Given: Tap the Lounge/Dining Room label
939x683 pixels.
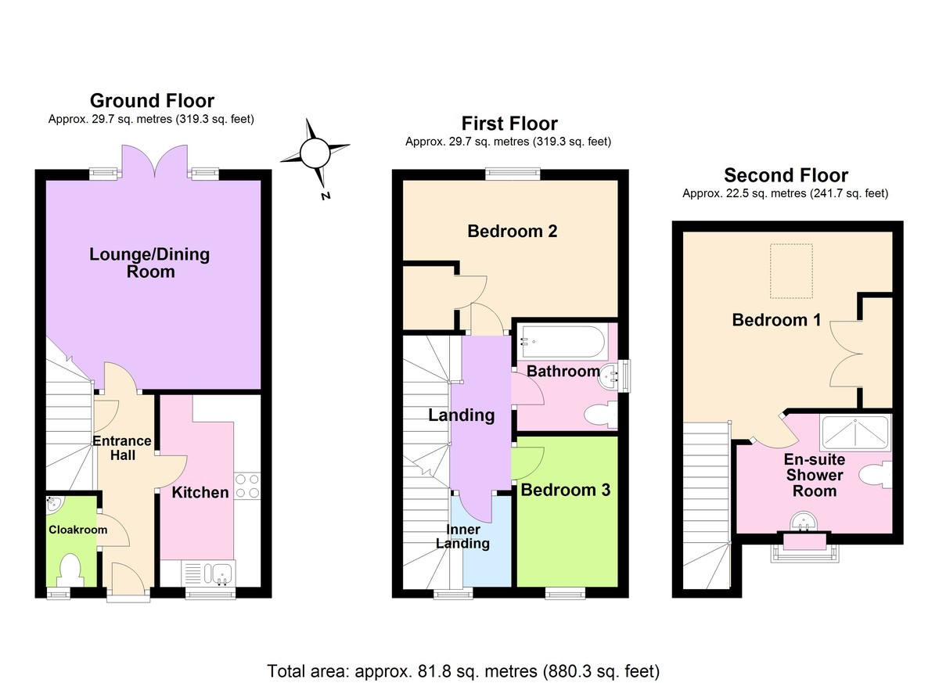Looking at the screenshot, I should pyautogui.click(x=149, y=263).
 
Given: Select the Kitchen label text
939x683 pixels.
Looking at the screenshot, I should pyautogui.click(x=200, y=492).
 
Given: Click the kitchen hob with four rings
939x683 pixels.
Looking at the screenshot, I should pyautogui.click(x=247, y=486).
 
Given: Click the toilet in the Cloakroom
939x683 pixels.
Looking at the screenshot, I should pyautogui.click(x=70, y=569).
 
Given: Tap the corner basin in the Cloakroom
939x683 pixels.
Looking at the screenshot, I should pyautogui.click(x=54, y=503).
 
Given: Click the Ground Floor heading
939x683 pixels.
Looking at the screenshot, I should pyautogui.click(x=152, y=100).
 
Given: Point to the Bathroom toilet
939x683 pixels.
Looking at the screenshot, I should pyautogui.click(x=602, y=415).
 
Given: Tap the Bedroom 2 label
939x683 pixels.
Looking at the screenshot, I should pyautogui.click(x=512, y=231).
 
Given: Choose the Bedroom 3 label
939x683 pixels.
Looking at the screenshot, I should pyautogui.click(x=565, y=490).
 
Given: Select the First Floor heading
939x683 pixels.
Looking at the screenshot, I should pyautogui.click(x=509, y=124).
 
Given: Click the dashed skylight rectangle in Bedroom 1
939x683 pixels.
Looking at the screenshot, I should pyautogui.click(x=792, y=271).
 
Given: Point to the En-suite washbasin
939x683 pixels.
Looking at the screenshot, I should pyautogui.click(x=803, y=519).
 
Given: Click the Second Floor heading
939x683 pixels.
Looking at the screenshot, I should pyautogui.click(x=786, y=175).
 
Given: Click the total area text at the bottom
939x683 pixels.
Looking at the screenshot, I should pyautogui.click(x=463, y=670).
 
